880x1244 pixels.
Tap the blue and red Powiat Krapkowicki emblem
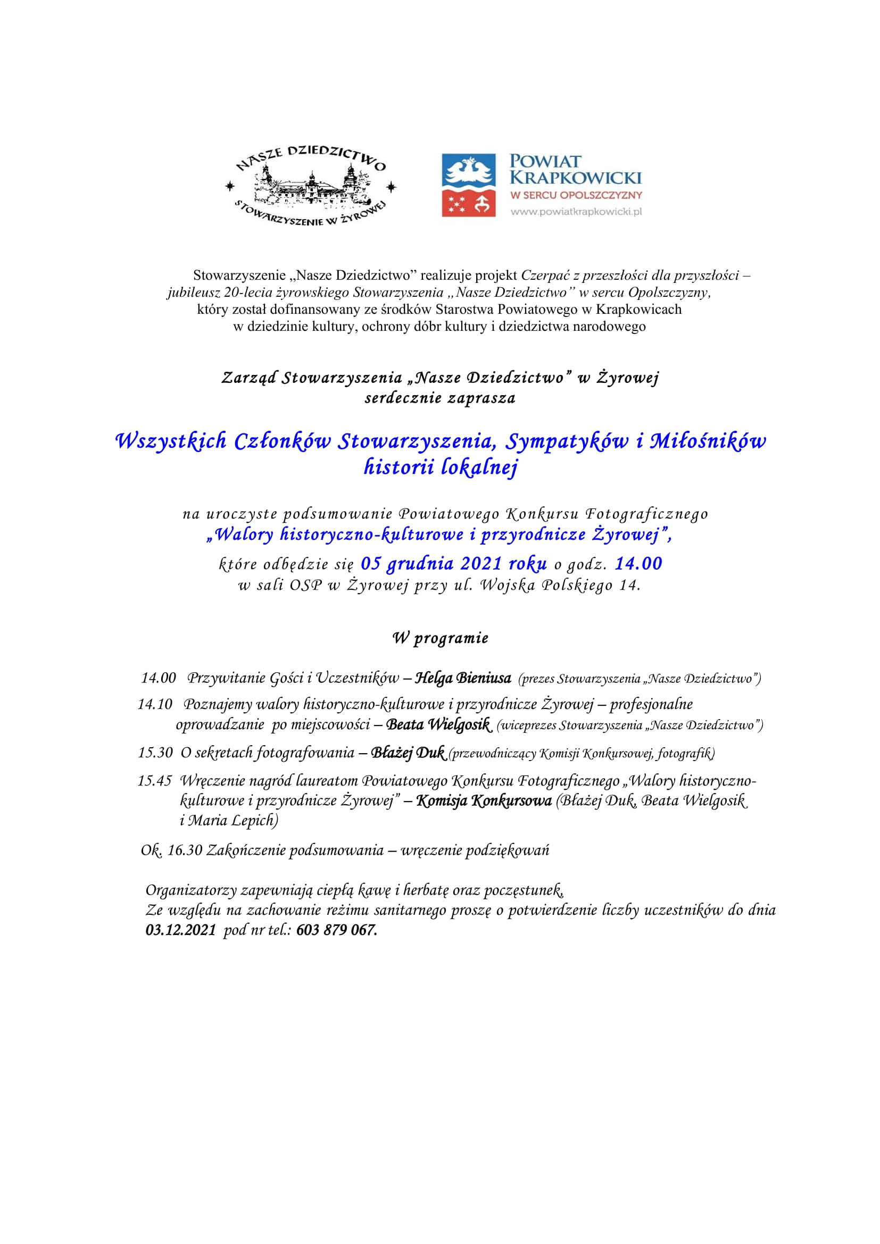469,185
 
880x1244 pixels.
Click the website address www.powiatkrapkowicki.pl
576,212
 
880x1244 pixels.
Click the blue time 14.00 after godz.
638,564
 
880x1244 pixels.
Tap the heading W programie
440,638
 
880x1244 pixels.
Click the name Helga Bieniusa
463,678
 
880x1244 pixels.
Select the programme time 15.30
155,753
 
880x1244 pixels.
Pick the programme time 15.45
154,781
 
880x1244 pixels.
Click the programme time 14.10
155,704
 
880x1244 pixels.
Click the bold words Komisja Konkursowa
484,801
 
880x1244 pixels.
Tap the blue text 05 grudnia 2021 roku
453,564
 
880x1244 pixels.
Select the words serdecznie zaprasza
440,398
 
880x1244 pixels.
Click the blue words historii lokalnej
441,467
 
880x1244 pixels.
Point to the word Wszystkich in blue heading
171,441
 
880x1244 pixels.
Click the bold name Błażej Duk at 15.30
408,753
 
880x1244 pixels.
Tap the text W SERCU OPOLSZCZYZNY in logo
576,195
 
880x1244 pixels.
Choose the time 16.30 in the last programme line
185,850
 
